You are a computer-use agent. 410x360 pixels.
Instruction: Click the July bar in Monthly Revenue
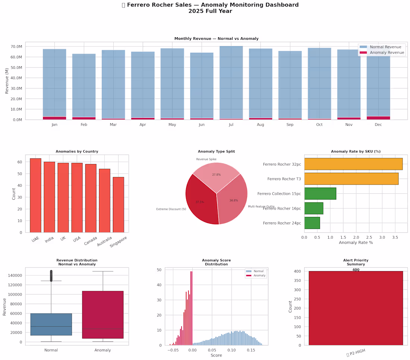[231, 82]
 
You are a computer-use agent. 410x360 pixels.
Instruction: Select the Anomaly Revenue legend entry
[385, 53]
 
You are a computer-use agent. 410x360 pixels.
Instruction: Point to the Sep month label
[290, 125]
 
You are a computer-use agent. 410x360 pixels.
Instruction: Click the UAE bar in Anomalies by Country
[35, 195]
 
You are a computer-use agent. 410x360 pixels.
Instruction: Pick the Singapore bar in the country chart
[118, 204]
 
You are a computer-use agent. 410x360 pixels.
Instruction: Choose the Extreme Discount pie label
[171, 209]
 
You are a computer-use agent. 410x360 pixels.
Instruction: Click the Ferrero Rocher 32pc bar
[353, 164]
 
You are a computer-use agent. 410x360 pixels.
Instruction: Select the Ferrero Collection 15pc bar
[320, 194]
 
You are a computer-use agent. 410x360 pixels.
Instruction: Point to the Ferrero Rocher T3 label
[284, 179]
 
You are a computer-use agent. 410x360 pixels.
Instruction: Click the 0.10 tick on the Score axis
[231, 350]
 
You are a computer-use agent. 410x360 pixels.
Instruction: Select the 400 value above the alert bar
[356, 270]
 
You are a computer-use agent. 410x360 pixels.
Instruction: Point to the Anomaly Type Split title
[216, 152]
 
